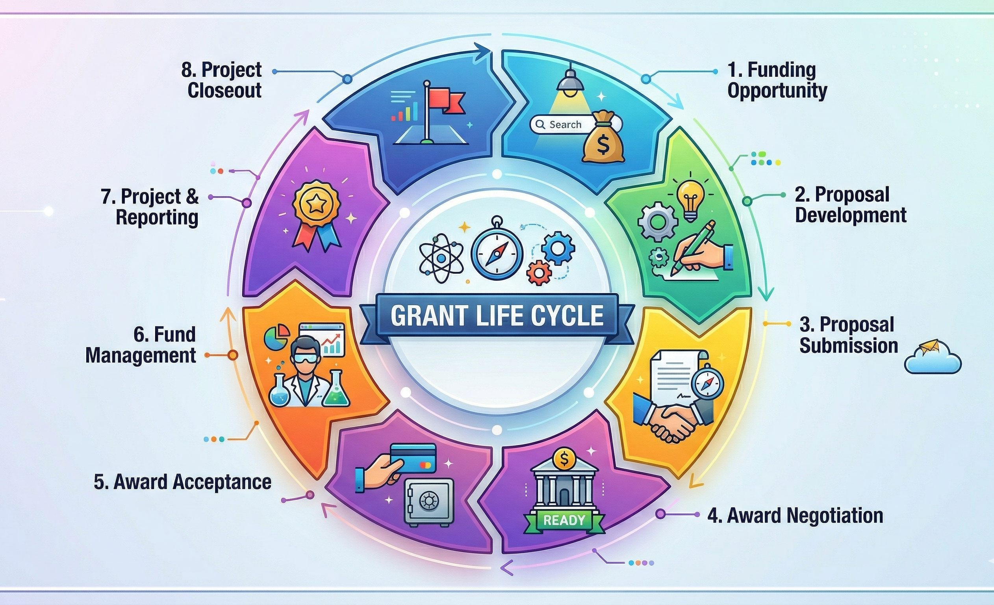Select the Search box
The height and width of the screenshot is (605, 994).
[562, 124]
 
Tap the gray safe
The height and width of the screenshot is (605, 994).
[428, 503]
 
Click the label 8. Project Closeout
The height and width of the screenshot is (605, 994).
[221, 80]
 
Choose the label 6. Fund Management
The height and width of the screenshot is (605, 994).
[141, 345]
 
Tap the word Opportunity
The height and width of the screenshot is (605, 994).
[777, 91]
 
